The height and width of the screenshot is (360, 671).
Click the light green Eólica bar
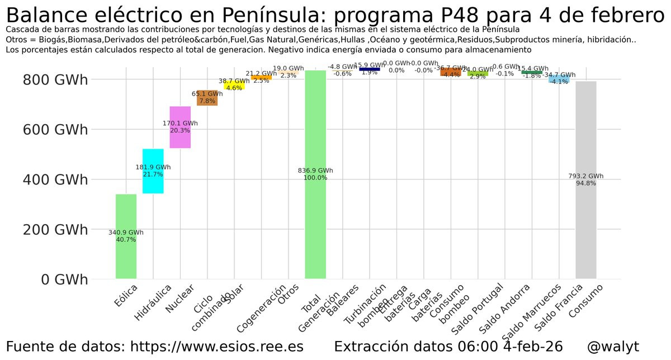(x=126, y=257)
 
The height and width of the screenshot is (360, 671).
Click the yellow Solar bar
(x=234, y=86)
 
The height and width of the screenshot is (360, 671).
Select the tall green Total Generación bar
(x=315, y=212)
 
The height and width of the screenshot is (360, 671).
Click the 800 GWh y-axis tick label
(x=55, y=80)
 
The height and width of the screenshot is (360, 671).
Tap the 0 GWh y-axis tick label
(x=64, y=279)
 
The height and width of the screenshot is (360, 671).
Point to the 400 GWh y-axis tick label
(x=55, y=179)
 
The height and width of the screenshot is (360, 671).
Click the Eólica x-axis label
(x=125, y=297)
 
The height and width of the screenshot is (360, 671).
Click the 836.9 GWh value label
(x=315, y=170)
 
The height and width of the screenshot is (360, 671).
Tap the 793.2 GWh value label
(x=585, y=176)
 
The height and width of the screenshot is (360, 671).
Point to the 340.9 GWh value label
(x=126, y=233)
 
